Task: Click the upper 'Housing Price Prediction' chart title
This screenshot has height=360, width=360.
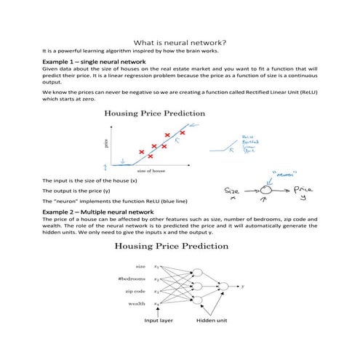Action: pos(154,113)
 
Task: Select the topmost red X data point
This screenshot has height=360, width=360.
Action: pos(183,133)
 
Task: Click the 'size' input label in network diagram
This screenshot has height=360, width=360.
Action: pos(141,267)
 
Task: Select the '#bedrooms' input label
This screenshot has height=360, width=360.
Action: pos(132,279)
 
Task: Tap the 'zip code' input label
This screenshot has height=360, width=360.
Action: pos(136,292)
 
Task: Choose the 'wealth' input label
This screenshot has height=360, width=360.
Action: pos(137,303)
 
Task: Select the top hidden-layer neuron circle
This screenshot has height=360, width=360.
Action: pos(196,272)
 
